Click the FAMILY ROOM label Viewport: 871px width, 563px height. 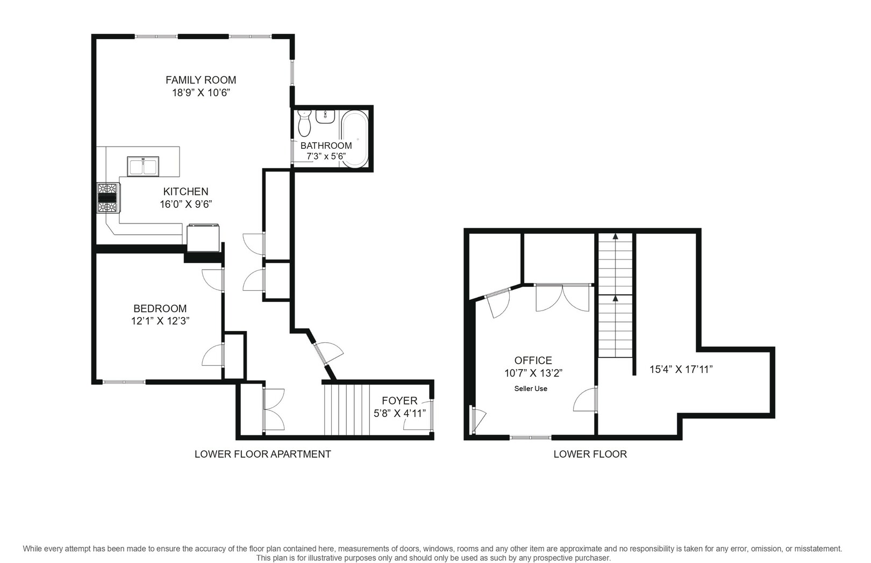click(x=201, y=80)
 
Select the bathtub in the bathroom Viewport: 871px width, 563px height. click(x=355, y=139)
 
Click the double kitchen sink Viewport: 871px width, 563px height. click(x=143, y=167)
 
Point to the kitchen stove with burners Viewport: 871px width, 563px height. click(x=108, y=198)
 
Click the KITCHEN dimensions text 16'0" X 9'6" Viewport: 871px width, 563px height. click(x=186, y=204)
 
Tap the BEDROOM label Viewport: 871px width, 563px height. click(x=160, y=308)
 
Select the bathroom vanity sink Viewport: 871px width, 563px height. click(x=325, y=117)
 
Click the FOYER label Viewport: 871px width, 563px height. click(x=399, y=401)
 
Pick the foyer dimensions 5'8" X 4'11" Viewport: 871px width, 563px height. click(x=399, y=413)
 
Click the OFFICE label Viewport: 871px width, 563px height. click(x=533, y=360)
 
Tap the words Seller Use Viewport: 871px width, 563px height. click(x=531, y=388)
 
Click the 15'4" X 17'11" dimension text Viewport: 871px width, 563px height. click(x=681, y=369)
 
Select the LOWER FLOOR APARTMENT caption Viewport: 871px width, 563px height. click(x=263, y=454)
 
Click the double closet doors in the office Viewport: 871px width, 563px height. click(x=562, y=298)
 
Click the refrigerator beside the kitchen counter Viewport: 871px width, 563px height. click(x=203, y=238)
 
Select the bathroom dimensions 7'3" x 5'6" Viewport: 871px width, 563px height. click(x=326, y=156)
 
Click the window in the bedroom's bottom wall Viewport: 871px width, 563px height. click(x=124, y=382)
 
